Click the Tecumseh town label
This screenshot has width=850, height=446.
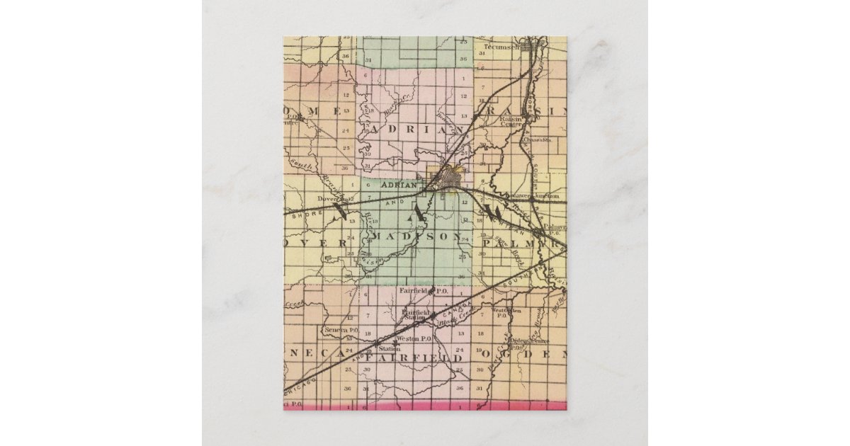(x=497, y=48)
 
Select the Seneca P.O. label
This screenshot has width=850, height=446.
(x=341, y=330)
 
